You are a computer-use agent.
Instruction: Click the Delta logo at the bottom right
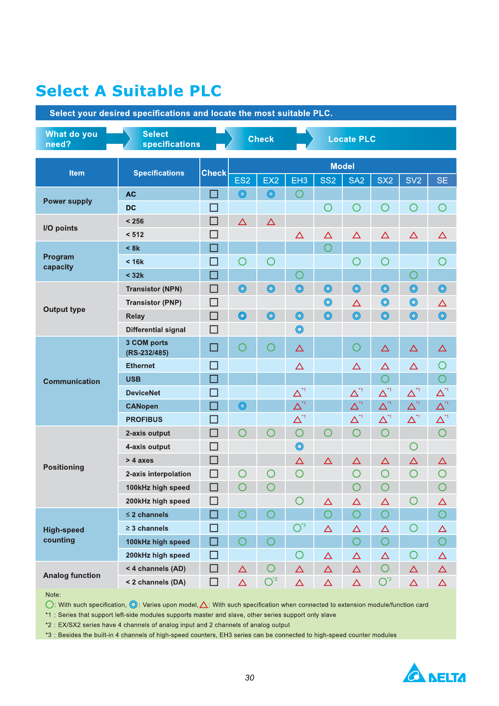pos(434,674)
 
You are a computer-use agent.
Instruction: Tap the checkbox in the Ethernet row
pos(214,365)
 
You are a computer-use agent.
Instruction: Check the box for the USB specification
pos(214,379)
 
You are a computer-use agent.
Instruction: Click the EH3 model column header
pos(299,180)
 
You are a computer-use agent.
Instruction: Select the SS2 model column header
pos(328,180)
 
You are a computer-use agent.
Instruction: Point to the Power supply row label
pos(67,201)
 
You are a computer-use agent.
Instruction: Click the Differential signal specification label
pos(155,330)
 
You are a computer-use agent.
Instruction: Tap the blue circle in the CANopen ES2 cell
pos(242,406)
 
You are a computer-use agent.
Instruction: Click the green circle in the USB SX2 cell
pos(385,379)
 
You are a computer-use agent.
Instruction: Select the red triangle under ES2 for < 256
pos(242,222)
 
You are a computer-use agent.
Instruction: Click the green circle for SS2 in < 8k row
pos(328,248)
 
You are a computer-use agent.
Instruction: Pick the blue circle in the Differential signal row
pos(299,330)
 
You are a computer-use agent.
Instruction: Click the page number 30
pos(250,677)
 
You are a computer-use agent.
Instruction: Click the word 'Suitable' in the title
pos(148,91)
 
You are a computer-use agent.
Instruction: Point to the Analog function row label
pos(72,575)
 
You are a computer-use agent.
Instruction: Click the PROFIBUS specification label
pos(144,420)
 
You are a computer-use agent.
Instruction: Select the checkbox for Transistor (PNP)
pos(214,302)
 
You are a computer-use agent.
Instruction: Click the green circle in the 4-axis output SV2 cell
pos(414,446)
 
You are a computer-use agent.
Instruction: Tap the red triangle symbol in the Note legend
pos(204,605)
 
